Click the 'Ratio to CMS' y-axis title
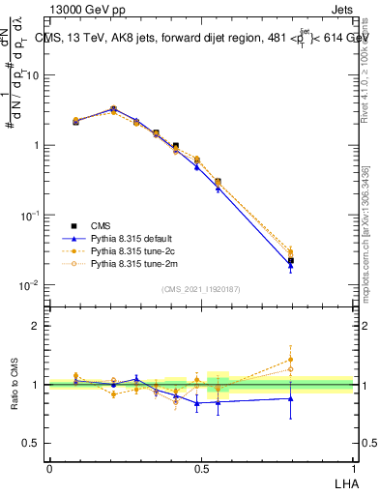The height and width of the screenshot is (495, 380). (15, 385)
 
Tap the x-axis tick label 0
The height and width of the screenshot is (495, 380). (49, 469)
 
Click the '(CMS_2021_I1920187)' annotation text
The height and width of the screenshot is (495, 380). (200, 288)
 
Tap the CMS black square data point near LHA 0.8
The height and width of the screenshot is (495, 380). (291, 261)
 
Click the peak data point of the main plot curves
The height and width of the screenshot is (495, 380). (113, 109)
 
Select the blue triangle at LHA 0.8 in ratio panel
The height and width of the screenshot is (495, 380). (291, 398)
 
